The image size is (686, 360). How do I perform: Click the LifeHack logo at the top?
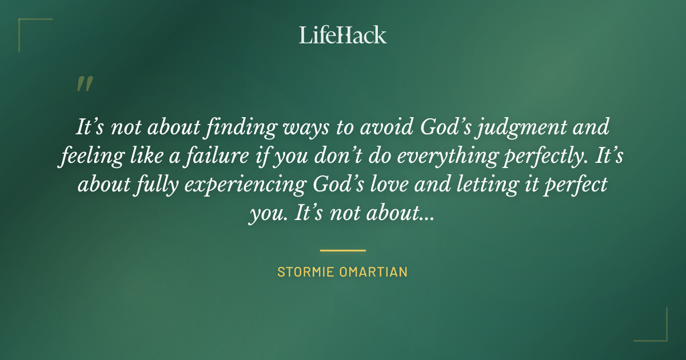pyautogui.click(x=343, y=35)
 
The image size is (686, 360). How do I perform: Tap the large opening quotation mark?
pyautogui.click(x=84, y=85)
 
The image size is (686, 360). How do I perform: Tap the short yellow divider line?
pyautogui.click(x=343, y=250)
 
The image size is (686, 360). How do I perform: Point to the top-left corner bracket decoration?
pyautogui.click(x=26, y=26)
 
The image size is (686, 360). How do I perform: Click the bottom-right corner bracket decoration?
pyautogui.click(x=660, y=334)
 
